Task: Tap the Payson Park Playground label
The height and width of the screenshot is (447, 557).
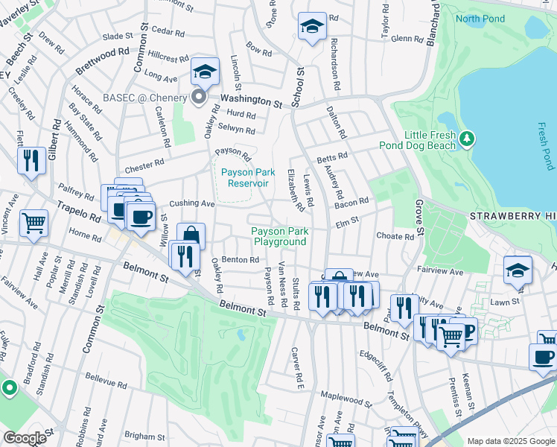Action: coord(278,236)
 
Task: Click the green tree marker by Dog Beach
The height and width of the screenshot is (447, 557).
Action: coord(466,138)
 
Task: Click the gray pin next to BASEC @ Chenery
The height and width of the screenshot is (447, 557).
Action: coord(199,97)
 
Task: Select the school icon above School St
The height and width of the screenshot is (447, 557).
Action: coord(312,26)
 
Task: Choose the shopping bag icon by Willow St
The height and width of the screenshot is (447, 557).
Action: coord(191,236)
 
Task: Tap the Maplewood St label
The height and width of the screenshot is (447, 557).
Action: coord(346,399)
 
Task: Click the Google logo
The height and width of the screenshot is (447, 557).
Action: coord(25,438)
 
